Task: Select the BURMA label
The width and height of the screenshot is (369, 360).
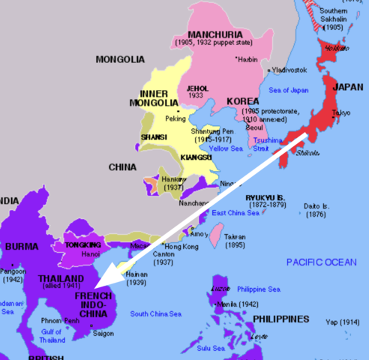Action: point(21,246)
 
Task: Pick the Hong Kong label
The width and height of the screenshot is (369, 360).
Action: point(180,247)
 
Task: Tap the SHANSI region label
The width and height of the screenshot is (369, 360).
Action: point(154,138)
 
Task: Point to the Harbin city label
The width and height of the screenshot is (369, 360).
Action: point(260,58)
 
